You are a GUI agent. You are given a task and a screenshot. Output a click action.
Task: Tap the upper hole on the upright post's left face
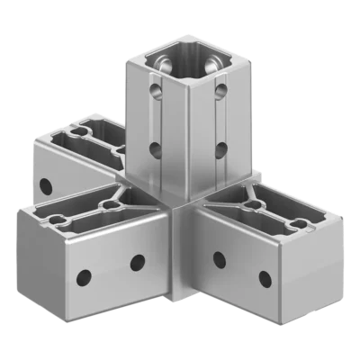pyautogui.click(x=156, y=91)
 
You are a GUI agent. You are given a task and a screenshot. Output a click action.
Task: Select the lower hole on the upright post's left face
pyautogui.click(x=155, y=149)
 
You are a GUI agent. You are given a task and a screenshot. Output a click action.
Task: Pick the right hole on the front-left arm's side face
pyautogui.click(x=137, y=263)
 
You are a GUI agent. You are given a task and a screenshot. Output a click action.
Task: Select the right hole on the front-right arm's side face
pyautogui.click(x=265, y=278)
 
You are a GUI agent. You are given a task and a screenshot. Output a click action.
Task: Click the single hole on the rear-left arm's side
pyautogui.click(x=45, y=187)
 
